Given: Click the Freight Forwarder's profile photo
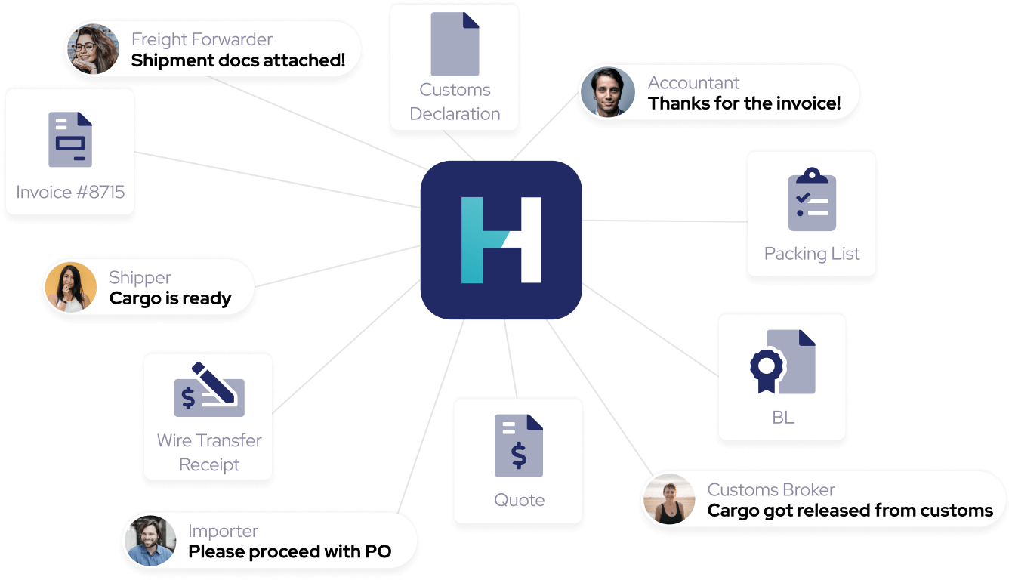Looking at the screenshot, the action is click(x=94, y=49).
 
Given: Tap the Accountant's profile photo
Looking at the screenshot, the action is click(x=608, y=92).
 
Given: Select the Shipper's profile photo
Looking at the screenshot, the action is click(x=71, y=287).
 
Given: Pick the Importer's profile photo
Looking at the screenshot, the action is click(x=150, y=541).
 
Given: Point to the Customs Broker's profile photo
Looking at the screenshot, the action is click(x=670, y=499).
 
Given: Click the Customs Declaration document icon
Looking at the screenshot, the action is click(x=455, y=44).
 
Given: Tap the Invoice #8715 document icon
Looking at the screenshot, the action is click(x=70, y=140).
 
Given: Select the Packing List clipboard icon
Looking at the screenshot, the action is click(x=812, y=199).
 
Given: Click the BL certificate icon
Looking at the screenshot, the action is click(x=782, y=362).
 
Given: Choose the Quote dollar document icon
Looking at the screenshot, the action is click(x=519, y=446).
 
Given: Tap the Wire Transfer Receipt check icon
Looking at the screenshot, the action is click(x=209, y=390).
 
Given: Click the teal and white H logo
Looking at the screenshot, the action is click(x=501, y=240).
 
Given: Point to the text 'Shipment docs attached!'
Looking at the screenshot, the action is click(x=238, y=60).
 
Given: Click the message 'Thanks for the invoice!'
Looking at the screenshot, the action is click(x=744, y=103).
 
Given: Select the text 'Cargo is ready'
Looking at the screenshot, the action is click(x=171, y=298).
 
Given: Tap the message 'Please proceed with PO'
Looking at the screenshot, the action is click(x=289, y=551).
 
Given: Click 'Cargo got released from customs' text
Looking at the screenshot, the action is click(x=850, y=511).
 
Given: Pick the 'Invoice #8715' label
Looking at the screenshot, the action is click(x=70, y=192).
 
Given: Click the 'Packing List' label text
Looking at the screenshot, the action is click(x=812, y=254).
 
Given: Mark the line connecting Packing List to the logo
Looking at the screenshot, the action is click(x=665, y=221).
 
